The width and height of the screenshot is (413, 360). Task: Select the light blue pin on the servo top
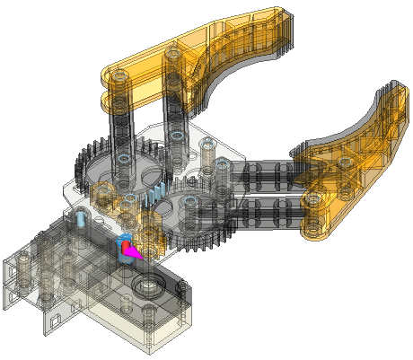(79, 218)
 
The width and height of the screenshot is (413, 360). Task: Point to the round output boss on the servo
(144, 286)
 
